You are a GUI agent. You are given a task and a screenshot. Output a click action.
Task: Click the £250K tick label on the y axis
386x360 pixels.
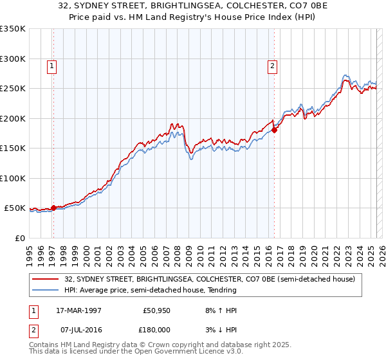13,88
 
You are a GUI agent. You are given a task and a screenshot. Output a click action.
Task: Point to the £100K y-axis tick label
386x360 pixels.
13,178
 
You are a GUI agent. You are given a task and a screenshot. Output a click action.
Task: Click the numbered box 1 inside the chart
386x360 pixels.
51,65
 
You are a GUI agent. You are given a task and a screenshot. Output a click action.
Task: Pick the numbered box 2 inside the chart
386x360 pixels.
273,65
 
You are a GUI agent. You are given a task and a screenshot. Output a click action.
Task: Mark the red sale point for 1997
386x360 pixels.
53,208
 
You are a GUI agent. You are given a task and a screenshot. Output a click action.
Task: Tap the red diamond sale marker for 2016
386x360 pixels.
275,130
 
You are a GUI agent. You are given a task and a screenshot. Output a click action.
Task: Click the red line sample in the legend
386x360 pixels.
45,279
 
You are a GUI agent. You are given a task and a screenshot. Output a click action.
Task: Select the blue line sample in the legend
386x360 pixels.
45,290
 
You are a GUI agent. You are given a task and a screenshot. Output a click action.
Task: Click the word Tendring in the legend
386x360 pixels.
222,290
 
